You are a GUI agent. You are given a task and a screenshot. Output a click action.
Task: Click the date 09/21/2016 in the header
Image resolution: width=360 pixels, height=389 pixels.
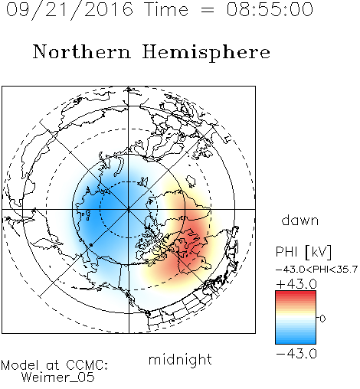point(70,10)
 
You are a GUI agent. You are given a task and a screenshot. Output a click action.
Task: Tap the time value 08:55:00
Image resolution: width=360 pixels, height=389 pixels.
point(270,9)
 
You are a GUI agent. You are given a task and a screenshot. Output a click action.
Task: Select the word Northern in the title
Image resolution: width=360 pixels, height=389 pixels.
point(81,51)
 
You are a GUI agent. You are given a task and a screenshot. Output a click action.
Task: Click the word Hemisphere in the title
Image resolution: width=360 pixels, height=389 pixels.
point(206,53)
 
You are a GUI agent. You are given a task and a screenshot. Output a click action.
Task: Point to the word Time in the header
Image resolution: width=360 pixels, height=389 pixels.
point(166,9)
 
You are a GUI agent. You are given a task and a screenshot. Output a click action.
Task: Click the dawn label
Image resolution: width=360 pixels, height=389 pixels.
point(300,220)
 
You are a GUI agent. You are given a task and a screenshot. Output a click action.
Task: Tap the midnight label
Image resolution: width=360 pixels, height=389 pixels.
point(180,360)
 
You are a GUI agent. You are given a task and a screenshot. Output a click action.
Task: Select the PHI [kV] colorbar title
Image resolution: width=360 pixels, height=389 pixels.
point(303,252)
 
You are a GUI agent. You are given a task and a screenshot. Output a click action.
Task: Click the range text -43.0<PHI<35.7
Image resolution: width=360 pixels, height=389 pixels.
point(316,270)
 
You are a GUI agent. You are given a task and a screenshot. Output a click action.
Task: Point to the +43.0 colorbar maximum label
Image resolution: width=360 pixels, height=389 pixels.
point(296,284)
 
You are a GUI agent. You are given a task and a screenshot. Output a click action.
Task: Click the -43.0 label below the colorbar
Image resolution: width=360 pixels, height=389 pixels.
point(296,354)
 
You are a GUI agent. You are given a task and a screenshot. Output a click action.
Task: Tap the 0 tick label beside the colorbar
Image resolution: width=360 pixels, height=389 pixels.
point(322,319)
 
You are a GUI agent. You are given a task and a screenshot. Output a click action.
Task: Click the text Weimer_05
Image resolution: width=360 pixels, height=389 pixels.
point(58,378)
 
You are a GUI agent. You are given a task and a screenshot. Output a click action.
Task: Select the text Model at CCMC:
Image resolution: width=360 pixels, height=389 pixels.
point(54,365)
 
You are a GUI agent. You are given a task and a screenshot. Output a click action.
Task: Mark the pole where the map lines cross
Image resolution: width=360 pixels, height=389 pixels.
point(129,209)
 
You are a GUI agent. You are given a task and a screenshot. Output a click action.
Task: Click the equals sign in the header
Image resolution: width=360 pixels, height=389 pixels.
point(208,10)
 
